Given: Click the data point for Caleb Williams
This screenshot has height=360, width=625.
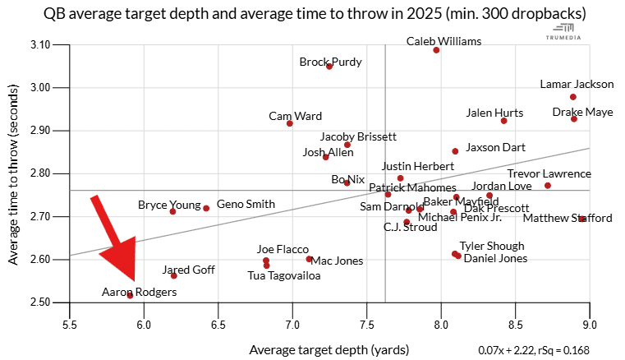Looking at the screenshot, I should (436, 50).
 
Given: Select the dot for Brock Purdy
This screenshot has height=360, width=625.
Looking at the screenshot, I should (329, 67).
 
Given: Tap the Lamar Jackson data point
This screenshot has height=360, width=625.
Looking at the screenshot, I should (573, 97).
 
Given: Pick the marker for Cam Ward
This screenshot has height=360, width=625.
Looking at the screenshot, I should (290, 123).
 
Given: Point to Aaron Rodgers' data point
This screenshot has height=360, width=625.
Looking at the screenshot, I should (130, 295).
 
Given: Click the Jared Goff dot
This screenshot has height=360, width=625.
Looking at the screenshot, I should (174, 275).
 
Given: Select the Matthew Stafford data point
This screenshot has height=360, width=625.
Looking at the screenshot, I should (581, 219).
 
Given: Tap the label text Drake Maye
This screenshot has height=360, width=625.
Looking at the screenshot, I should (582, 112).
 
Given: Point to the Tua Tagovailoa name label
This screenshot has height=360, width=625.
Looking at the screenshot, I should (284, 275).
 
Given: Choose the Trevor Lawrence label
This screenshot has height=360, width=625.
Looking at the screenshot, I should (549, 173).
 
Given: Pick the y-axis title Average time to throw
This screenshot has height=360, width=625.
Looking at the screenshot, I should (14, 173).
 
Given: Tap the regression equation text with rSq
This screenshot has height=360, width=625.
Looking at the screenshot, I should (545, 349).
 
